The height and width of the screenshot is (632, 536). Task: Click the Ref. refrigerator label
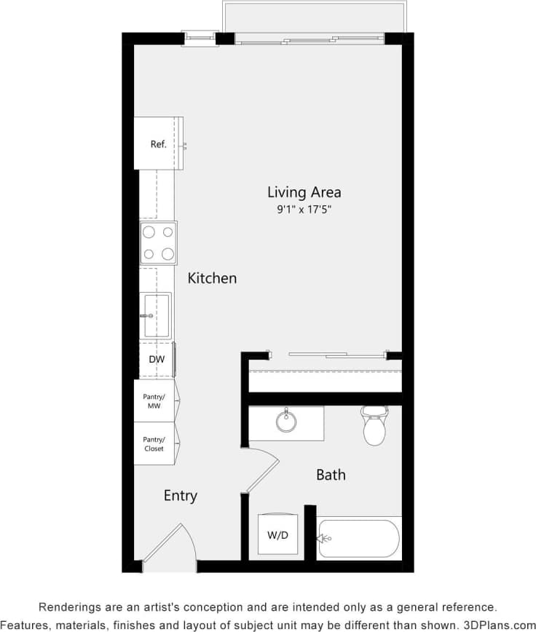pos(158,144)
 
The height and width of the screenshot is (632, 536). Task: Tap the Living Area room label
pos(304,192)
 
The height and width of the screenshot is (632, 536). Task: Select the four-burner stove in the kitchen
pos(158,243)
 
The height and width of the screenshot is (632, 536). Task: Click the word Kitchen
pos(212,278)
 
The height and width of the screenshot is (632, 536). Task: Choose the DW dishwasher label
pos(157,360)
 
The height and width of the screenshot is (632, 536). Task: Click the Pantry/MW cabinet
pos(154,401)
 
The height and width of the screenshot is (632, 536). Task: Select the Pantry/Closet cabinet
pos(154,444)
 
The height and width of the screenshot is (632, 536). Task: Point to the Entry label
pos(180,496)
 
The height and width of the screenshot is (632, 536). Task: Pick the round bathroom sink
pos(286,422)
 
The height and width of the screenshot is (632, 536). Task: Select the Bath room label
pos(331,475)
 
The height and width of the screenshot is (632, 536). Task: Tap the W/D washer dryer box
pos(277,536)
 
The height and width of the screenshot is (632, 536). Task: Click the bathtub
pos(359,539)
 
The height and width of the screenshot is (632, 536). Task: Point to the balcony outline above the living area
pos(314,17)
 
